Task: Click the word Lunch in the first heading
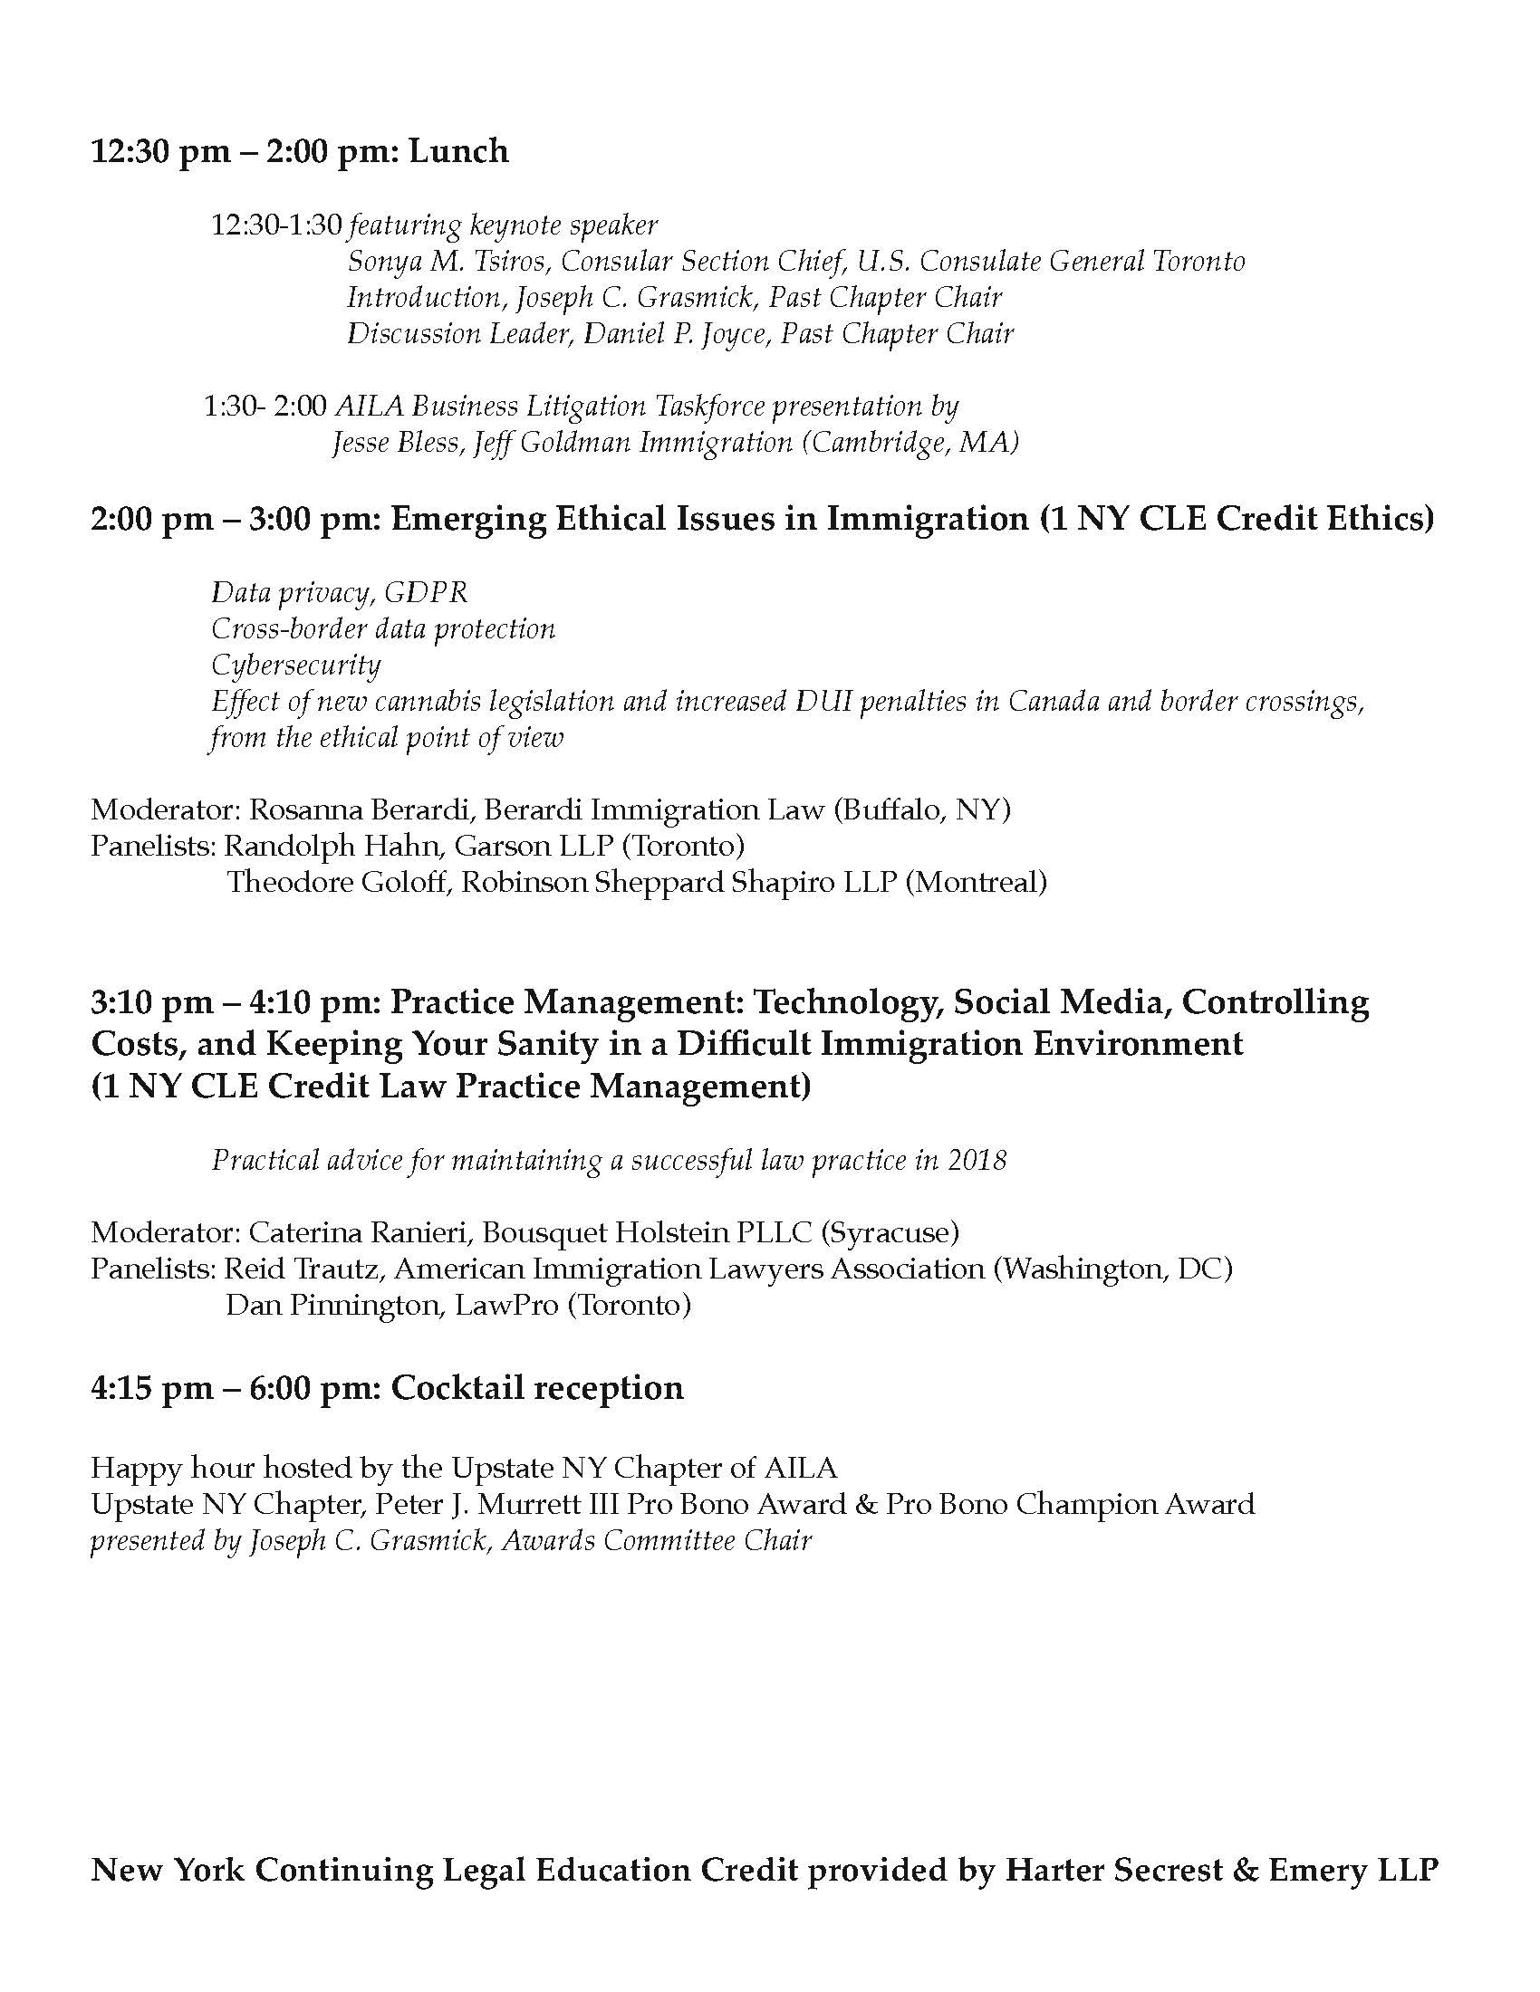pyautogui.click(x=458, y=151)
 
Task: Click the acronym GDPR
pyautogui.click(x=425, y=594)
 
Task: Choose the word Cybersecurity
pyautogui.click(x=295, y=666)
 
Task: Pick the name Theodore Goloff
pyautogui.click(x=336, y=883)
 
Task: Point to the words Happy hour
pyautogui.click(x=172, y=1469)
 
